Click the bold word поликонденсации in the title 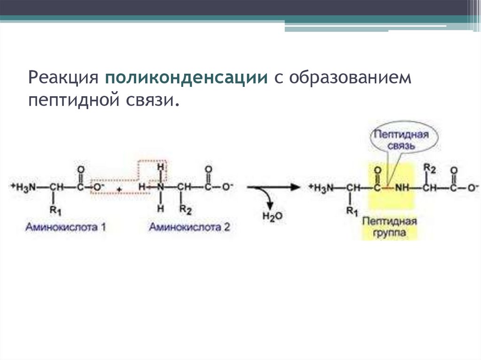(186, 78)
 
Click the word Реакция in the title (63, 78)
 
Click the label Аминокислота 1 (66, 227)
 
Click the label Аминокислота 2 (190, 227)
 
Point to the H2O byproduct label (272, 216)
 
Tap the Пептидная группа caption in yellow (389, 227)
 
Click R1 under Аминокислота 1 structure (55, 211)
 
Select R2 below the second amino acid (185, 210)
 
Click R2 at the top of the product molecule (429, 169)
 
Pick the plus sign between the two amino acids (119, 190)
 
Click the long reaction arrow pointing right (273, 187)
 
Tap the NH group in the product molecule (402, 187)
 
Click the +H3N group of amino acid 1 (23, 187)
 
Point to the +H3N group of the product (321, 187)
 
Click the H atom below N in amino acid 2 (161, 209)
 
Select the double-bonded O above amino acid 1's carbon (81, 169)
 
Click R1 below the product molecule (352, 211)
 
